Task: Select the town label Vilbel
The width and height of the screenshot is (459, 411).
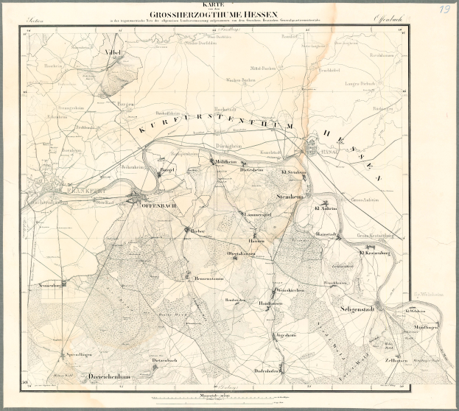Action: click(x=112, y=55)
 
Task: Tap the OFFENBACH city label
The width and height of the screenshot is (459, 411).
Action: click(x=155, y=207)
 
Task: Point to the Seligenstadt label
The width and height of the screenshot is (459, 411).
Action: click(x=358, y=309)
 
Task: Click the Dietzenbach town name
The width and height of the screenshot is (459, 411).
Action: click(x=166, y=359)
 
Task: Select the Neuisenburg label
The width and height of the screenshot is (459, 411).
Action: click(x=43, y=284)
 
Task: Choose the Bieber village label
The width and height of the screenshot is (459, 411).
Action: click(x=197, y=231)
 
